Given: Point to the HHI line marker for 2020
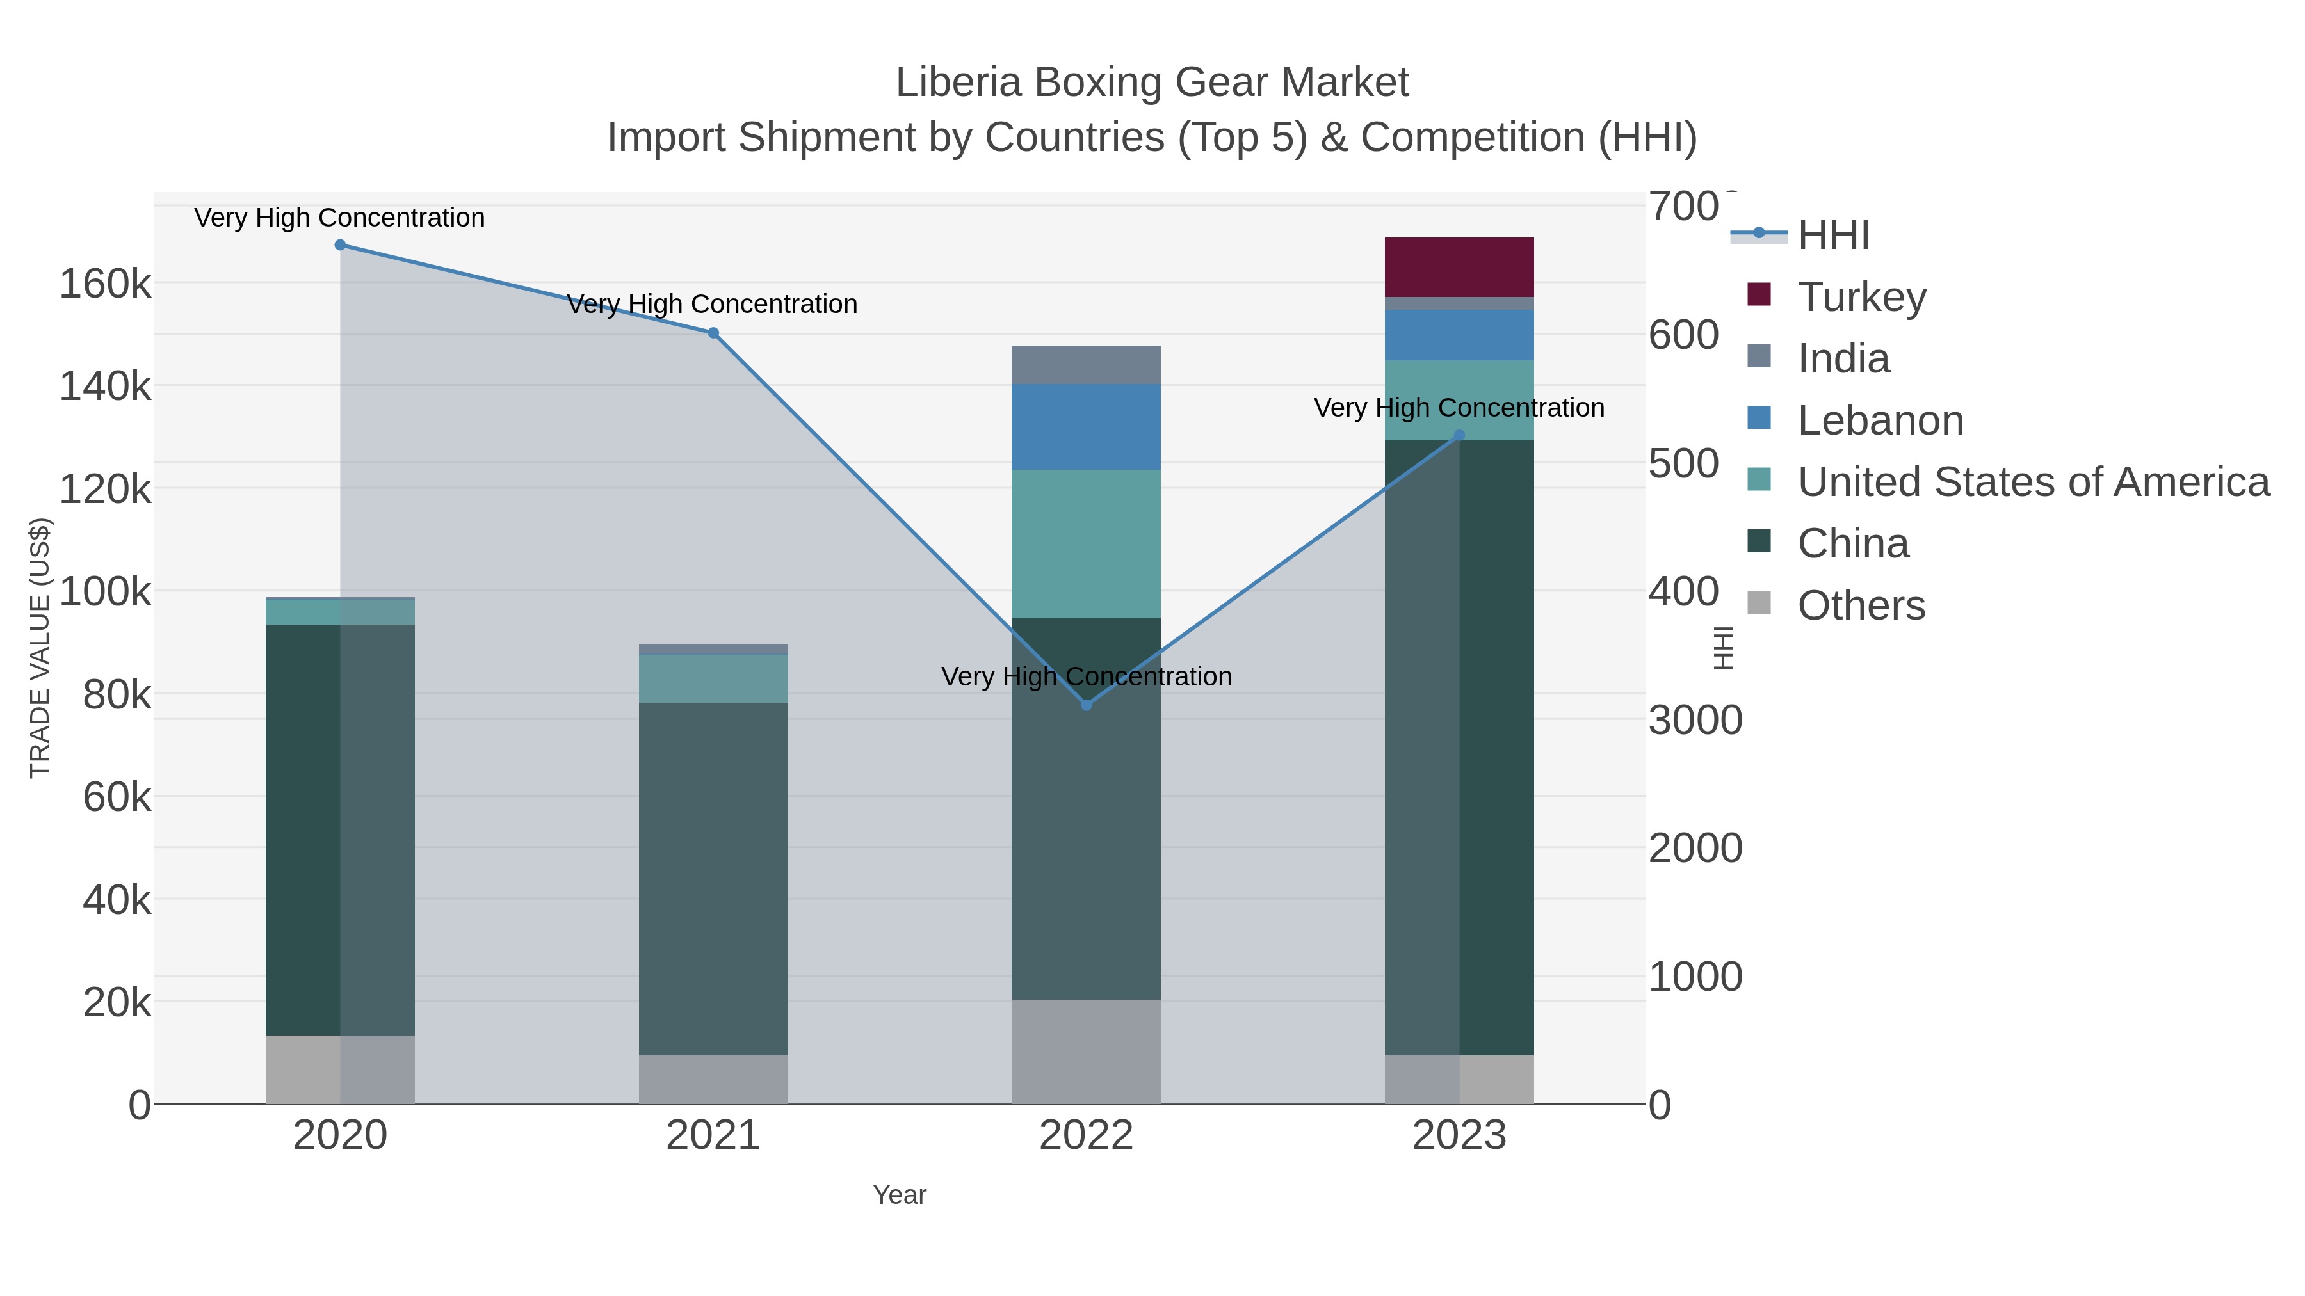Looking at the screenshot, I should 340,245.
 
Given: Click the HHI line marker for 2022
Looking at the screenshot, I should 1087,705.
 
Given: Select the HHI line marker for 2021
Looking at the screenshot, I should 713,333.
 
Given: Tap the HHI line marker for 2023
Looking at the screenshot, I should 1459,436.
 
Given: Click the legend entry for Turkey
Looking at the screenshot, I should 1861,297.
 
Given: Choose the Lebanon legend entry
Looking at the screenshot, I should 1879,420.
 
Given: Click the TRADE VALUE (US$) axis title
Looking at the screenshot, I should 40,648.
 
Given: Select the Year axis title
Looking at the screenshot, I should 900,1195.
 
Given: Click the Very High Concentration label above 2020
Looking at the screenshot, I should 340,218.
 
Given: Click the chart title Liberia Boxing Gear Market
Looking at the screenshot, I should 1152,83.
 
